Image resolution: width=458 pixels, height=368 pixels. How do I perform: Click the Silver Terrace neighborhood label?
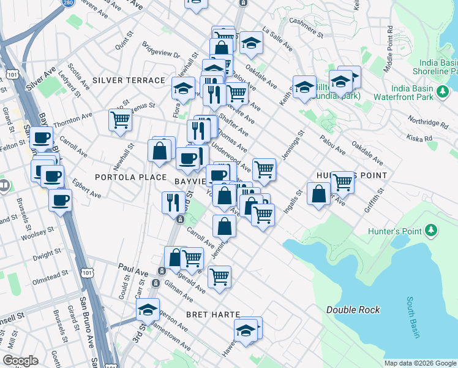click(x=129, y=80)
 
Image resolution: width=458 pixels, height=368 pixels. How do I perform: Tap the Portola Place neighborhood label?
click(x=122, y=177)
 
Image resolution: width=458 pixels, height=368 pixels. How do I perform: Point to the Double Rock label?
click(x=353, y=310)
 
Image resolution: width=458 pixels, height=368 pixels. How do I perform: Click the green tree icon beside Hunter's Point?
click(x=432, y=231)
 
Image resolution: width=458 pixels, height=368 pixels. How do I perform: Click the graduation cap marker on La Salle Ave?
click(x=250, y=42)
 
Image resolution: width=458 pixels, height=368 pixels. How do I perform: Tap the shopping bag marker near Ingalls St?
click(x=318, y=195)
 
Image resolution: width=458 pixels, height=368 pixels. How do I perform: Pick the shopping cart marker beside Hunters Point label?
click(x=342, y=182)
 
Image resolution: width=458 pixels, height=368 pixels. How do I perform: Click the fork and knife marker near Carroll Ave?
click(x=173, y=202)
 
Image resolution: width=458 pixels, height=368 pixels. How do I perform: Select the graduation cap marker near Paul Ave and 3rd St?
click(x=148, y=310)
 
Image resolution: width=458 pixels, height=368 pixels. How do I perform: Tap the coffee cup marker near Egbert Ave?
click(x=60, y=200)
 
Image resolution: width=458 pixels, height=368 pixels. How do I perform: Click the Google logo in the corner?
click(x=20, y=361)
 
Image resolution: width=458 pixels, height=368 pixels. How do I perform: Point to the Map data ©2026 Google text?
click(x=419, y=363)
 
